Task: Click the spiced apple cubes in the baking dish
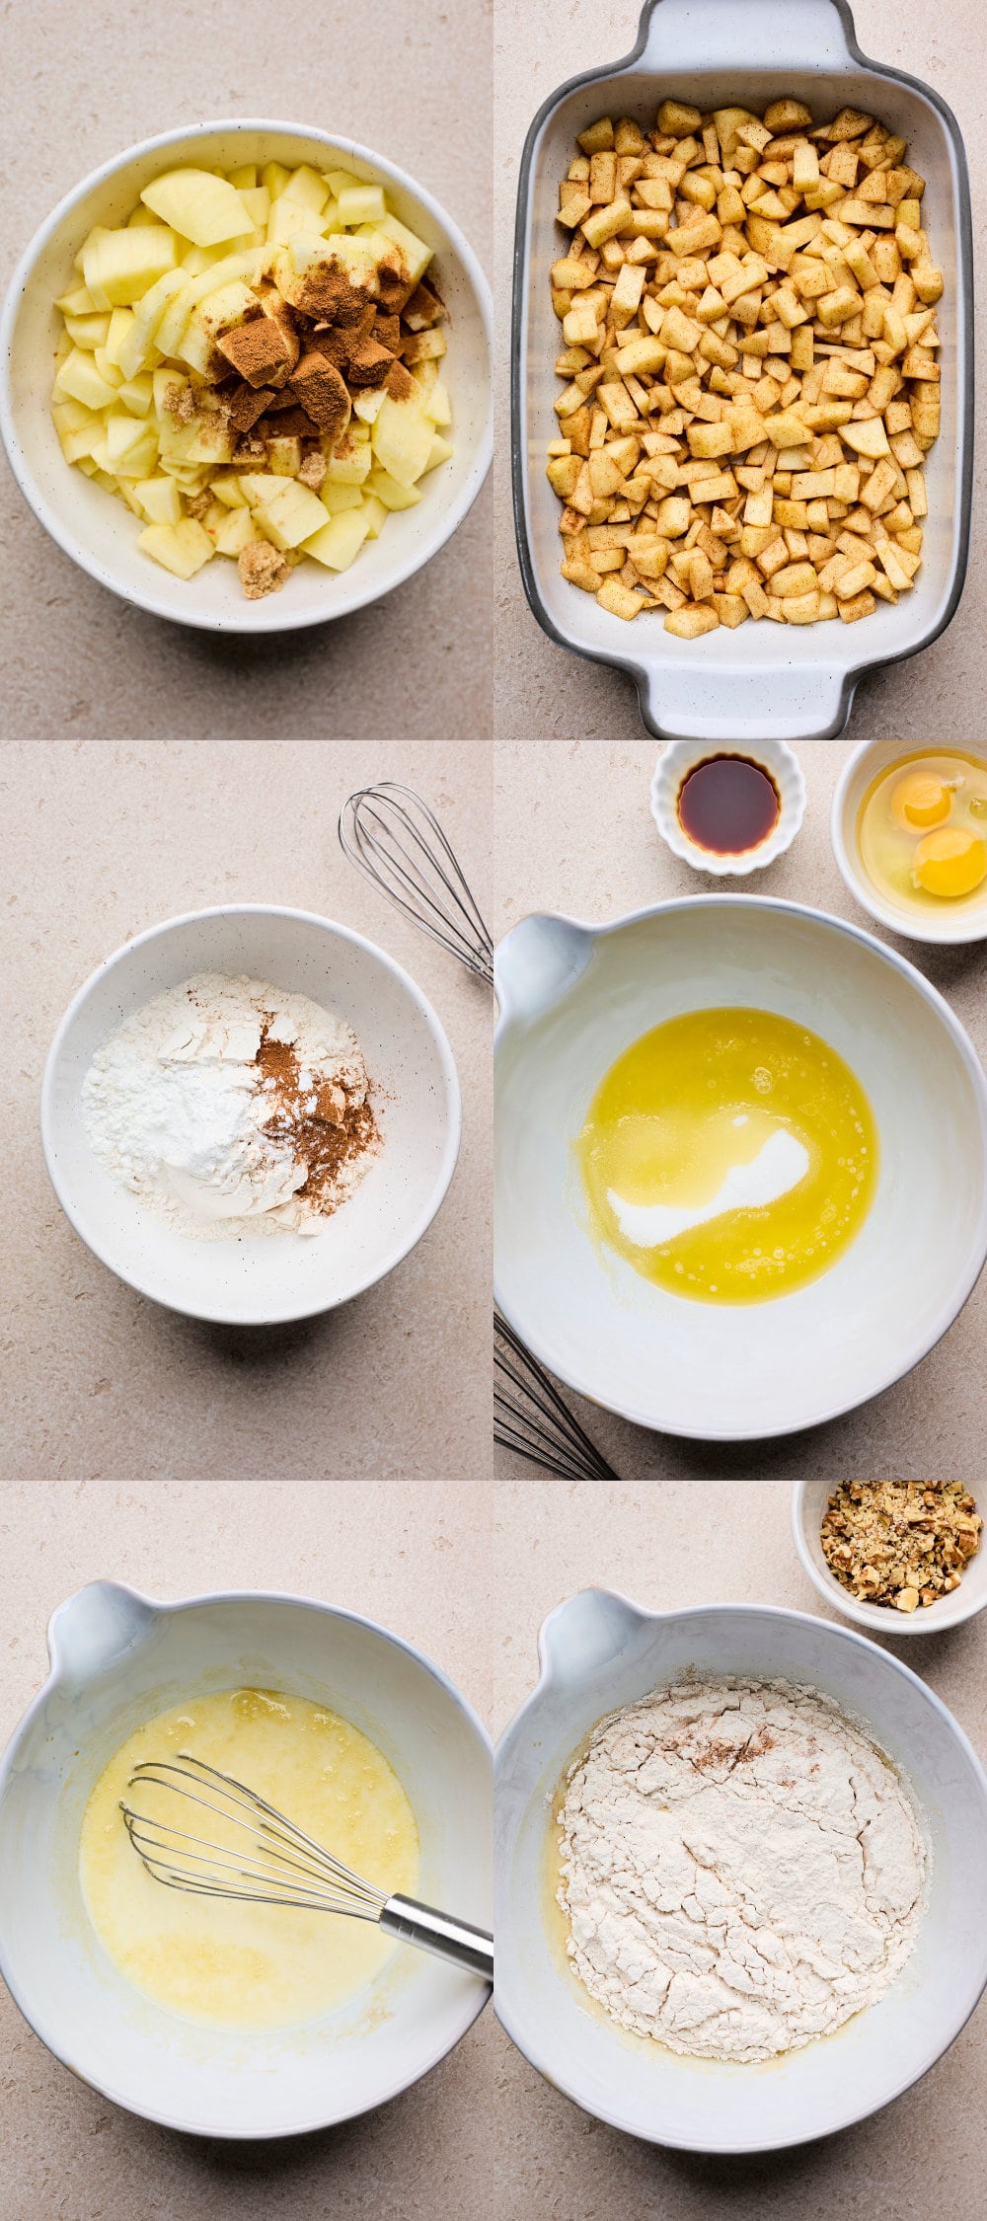[745, 365]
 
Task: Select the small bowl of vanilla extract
[728, 805]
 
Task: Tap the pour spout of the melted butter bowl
[538, 962]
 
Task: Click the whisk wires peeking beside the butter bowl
[543, 1402]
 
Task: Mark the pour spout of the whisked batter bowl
[94, 1629]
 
